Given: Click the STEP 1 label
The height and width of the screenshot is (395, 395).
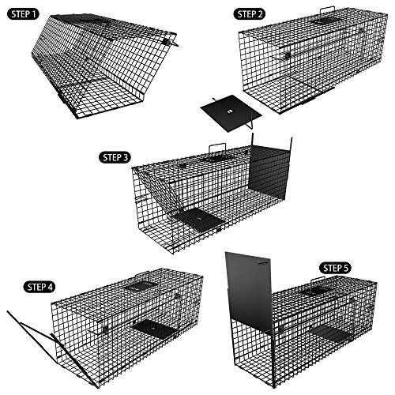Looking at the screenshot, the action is point(23,14).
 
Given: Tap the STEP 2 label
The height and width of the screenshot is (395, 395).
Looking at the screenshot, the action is point(250,14).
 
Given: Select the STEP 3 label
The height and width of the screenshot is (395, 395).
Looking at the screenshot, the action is point(115,157).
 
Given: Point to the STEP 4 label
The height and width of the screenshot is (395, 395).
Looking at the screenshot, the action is point(39,287).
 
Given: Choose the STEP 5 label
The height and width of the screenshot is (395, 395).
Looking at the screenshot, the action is point(335,269).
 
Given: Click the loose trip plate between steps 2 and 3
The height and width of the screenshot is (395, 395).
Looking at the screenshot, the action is point(231,113).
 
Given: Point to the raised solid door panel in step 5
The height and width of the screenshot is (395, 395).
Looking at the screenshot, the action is point(250,291).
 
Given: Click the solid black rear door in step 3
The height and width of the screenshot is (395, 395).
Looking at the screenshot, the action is point(269,172).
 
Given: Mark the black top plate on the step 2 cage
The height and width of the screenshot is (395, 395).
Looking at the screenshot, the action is point(327,21).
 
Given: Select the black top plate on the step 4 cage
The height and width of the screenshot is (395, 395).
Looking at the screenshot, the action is point(140,285).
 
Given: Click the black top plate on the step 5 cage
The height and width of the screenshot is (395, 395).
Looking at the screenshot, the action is point(317,290).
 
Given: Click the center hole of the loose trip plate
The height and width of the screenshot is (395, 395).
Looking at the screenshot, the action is point(229,111).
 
